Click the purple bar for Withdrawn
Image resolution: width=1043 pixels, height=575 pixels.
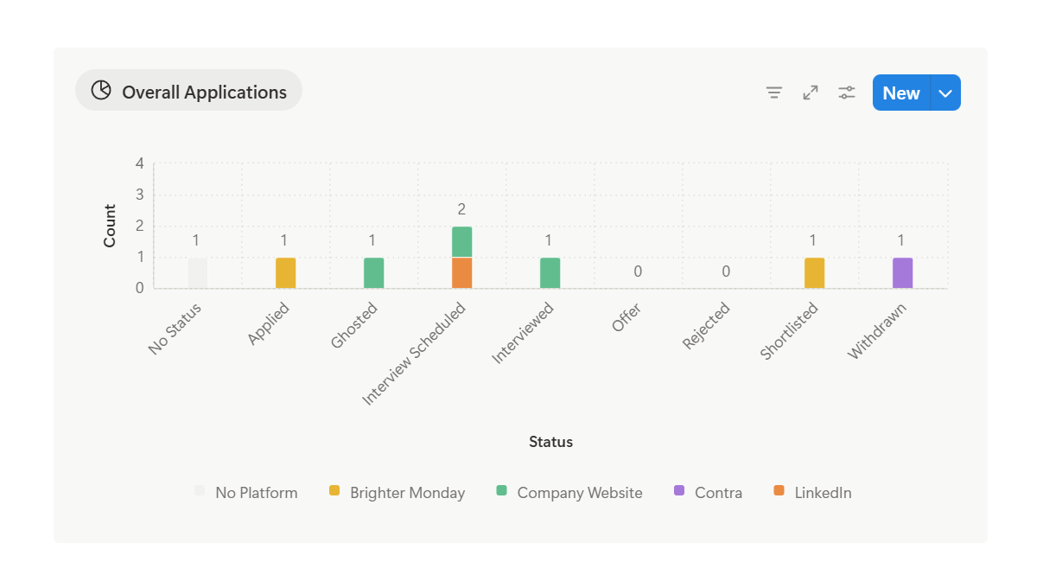point(902,273)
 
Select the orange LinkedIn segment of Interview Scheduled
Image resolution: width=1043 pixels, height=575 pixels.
point(461,273)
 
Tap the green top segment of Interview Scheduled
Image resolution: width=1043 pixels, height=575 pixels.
point(461,242)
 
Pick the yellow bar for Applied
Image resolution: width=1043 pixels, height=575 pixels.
point(285,273)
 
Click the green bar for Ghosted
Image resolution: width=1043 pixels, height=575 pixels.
point(373,273)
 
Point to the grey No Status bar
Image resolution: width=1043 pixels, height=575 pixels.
point(197,273)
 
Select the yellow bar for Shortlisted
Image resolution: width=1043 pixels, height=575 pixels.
point(814,273)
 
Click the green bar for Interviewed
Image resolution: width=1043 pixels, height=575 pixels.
point(550,273)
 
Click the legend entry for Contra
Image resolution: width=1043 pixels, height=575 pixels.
point(717,493)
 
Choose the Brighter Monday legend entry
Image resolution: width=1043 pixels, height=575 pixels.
point(406,493)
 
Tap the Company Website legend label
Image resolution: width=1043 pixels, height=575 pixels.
point(579,493)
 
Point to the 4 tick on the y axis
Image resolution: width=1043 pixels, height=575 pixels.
point(139,163)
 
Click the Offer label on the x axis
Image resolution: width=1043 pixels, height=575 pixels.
point(626,318)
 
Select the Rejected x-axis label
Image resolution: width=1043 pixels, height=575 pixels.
point(707,325)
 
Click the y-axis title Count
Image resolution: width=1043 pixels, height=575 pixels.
point(110,226)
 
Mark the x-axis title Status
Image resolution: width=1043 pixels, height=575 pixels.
point(550,442)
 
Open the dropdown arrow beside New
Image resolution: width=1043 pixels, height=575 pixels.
point(945,93)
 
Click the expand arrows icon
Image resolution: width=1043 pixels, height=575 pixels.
point(811,93)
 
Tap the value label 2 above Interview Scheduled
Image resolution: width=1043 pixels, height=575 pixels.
point(461,209)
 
